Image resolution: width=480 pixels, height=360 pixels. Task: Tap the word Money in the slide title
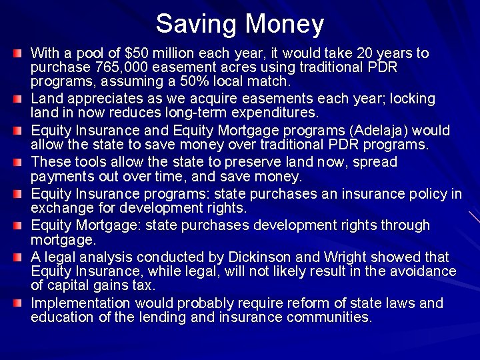click(285, 25)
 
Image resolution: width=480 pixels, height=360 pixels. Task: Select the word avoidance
click(425, 271)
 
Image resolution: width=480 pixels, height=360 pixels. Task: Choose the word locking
click(411, 99)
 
